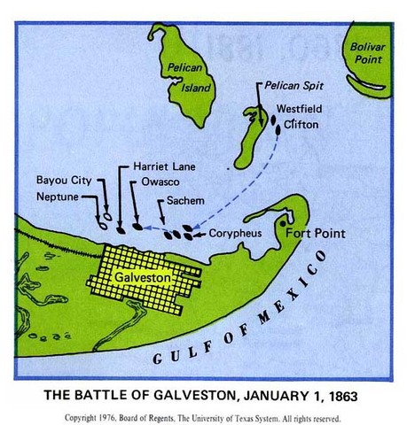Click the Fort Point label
tap(313, 235)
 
